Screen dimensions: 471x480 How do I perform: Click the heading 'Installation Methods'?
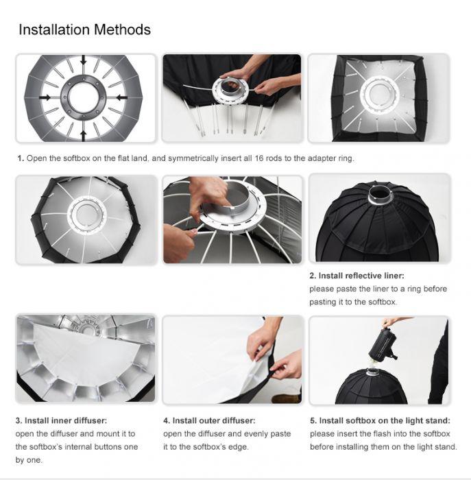coord(85,29)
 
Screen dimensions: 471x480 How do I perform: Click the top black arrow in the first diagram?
coord(83,60)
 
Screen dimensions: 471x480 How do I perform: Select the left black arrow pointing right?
coord(45,97)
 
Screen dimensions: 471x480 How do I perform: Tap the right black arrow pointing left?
coord(122,97)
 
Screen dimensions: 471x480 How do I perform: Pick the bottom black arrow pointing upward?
coord(83,136)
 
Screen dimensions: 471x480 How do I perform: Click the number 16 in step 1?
coord(259,158)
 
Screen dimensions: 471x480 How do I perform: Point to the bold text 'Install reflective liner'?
coord(361,276)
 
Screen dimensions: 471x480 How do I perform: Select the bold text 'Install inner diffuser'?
coord(66,420)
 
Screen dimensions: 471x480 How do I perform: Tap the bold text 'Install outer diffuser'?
coord(214,420)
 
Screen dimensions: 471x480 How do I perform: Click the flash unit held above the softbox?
coord(383,345)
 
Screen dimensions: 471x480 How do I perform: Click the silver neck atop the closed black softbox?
coord(380,195)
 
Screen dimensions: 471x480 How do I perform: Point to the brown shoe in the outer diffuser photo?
coord(286,398)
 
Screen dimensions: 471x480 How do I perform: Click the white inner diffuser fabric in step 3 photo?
coord(86,355)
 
